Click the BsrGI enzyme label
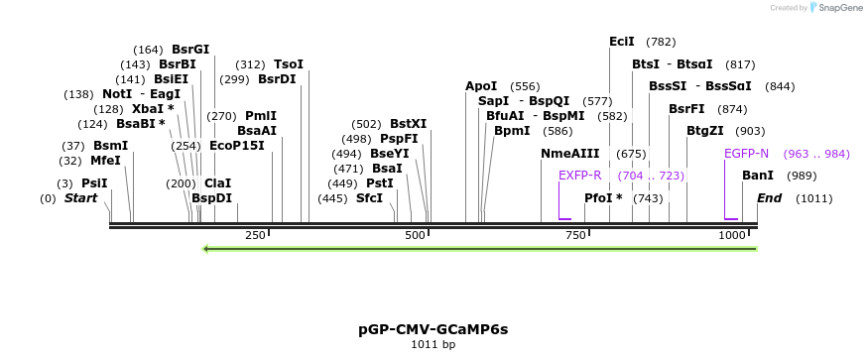[190, 49]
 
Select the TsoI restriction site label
[289, 64]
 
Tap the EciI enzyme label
[622, 42]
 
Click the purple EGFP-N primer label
[746, 154]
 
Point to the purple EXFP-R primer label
[580, 176]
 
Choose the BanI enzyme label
[758, 176]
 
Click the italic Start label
[81, 198]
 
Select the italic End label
[769, 198]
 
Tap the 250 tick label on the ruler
[255, 235]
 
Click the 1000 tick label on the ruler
[732, 235]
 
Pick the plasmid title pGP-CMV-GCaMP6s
[433, 328]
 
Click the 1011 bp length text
[433, 345]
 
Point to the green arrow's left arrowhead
[205, 248]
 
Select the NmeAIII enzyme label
[570, 154]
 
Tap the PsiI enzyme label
[94, 183]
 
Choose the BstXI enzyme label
[408, 124]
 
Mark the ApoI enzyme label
[481, 86]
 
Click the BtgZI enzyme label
[705, 131]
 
